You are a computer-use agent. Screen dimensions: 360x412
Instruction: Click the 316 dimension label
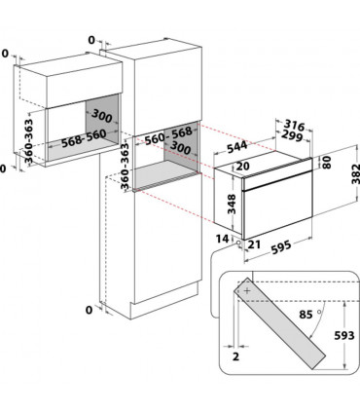click(295, 125)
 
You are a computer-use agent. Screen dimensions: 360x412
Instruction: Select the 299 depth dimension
click(291, 135)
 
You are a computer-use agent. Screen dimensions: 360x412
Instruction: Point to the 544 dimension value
click(236, 147)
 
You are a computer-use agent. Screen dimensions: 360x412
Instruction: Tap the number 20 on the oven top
click(242, 166)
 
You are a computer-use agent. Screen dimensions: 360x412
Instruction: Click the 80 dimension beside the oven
click(327, 162)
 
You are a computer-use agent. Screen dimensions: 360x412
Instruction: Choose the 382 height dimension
click(355, 173)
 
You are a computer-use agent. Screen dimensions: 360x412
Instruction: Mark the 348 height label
click(232, 204)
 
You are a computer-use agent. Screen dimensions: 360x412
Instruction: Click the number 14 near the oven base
click(223, 239)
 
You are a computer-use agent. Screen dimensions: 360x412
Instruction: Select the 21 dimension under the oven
click(254, 244)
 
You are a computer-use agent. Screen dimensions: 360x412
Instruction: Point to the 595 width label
click(280, 247)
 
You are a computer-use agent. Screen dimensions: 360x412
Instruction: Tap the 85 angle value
click(306, 315)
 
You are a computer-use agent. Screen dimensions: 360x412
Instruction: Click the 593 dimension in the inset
click(344, 335)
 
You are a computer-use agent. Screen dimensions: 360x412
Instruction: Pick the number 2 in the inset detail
click(235, 356)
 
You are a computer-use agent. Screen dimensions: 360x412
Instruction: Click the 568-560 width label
click(84, 138)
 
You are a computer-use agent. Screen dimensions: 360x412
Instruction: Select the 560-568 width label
click(168, 136)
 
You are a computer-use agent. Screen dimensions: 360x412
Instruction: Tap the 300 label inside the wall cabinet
click(102, 116)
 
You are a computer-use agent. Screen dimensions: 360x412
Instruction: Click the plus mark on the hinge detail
click(247, 290)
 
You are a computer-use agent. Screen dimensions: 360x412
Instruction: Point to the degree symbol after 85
click(319, 312)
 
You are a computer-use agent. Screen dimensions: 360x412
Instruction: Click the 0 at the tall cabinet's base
click(89, 310)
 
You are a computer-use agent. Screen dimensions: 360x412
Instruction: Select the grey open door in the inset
click(279, 323)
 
